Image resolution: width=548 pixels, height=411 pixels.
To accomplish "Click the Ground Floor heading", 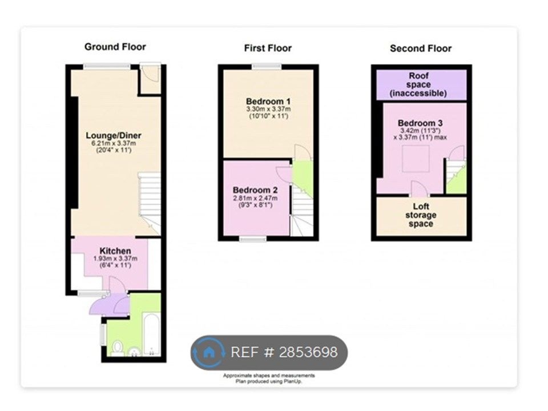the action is pos(115,47).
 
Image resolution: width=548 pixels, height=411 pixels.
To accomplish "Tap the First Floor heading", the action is pos(268,48).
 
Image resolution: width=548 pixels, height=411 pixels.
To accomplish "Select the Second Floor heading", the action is pos(421,48).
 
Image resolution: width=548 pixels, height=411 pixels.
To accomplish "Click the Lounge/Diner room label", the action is pos(114,136).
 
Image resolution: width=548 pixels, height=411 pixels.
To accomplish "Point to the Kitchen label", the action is pos(115,251).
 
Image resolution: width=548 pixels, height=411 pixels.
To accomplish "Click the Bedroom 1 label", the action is pos(268,102).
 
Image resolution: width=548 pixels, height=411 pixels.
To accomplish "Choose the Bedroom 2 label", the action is pos(255,190).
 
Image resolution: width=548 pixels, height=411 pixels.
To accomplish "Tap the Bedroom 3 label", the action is pos(420,123).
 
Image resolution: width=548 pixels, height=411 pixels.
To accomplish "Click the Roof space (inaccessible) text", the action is pos(418,84).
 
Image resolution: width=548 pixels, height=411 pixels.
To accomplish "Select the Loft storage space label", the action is pos(421,215).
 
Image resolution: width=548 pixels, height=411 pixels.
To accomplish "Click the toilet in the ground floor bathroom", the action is pos(118,348).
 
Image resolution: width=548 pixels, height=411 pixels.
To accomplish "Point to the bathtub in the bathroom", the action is pos(152,335).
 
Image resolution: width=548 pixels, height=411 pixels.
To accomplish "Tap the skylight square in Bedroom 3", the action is pos(416,159).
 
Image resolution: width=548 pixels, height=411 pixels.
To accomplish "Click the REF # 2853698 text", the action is pos(284,352).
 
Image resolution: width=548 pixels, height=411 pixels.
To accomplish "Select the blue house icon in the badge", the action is pos(209,353).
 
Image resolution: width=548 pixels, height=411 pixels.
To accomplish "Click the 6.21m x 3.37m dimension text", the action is pos(114,143).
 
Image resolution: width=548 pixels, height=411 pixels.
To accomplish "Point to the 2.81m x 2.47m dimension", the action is pos(255,198).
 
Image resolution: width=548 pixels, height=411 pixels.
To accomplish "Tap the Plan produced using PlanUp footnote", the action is pos(268,381).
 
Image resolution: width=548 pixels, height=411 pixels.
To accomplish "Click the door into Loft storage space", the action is pos(420,189).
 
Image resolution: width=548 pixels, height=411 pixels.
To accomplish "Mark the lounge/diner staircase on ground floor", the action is pos(150,203).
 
